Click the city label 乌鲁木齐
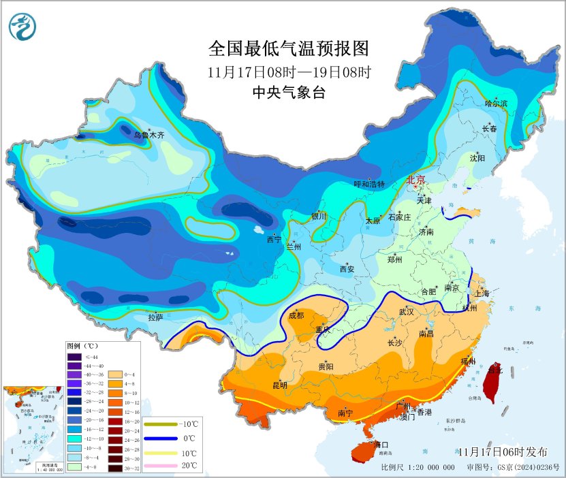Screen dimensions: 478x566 (x=149, y=136)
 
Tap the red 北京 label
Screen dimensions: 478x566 (x=415, y=180)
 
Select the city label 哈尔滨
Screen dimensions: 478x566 (x=496, y=103)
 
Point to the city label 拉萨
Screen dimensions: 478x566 (x=155, y=317)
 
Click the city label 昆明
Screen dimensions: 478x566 (x=280, y=385)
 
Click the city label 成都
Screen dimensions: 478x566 (x=296, y=315)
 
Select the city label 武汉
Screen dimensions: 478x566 (x=407, y=311)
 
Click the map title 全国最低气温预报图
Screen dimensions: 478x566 (x=288, y=49)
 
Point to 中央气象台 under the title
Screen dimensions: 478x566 (x=288, y=93)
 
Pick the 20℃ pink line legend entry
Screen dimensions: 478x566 (x=170, y=466)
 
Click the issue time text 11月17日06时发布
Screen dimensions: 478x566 (x=502, y=451)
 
